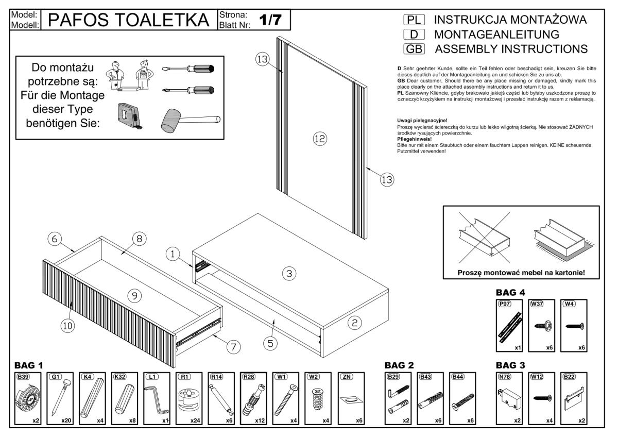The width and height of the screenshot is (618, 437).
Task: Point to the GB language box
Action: point(413,49)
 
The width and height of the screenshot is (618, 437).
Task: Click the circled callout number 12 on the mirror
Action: point(320,138)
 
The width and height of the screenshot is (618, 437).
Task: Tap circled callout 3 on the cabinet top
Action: point(289,274)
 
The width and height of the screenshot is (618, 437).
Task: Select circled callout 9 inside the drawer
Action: point(135,295)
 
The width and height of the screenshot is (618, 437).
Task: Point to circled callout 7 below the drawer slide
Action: point(234,347)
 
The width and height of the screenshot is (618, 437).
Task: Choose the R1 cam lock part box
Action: point(188,398)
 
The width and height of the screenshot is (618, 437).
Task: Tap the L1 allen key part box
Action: point(156,398)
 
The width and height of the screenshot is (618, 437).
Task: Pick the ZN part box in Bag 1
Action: point(350,398)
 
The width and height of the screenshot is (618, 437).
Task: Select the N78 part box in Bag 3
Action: point(509,398)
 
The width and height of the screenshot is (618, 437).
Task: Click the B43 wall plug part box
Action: point(431,398)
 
